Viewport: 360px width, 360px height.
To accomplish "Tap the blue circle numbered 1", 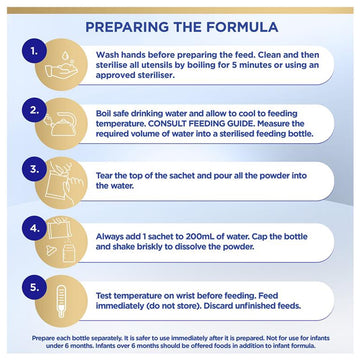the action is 34,51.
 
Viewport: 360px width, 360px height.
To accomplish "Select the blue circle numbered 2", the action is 34,110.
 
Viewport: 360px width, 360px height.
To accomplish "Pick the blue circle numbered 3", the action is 34,169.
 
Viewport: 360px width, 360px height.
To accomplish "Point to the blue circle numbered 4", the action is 34,229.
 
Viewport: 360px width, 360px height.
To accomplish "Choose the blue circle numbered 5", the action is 34,287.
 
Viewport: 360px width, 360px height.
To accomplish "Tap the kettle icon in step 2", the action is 62,124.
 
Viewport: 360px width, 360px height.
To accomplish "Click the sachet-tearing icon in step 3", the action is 62,182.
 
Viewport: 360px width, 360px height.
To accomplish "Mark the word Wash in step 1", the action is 105,55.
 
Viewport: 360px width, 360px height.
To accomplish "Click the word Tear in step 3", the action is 104,176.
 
